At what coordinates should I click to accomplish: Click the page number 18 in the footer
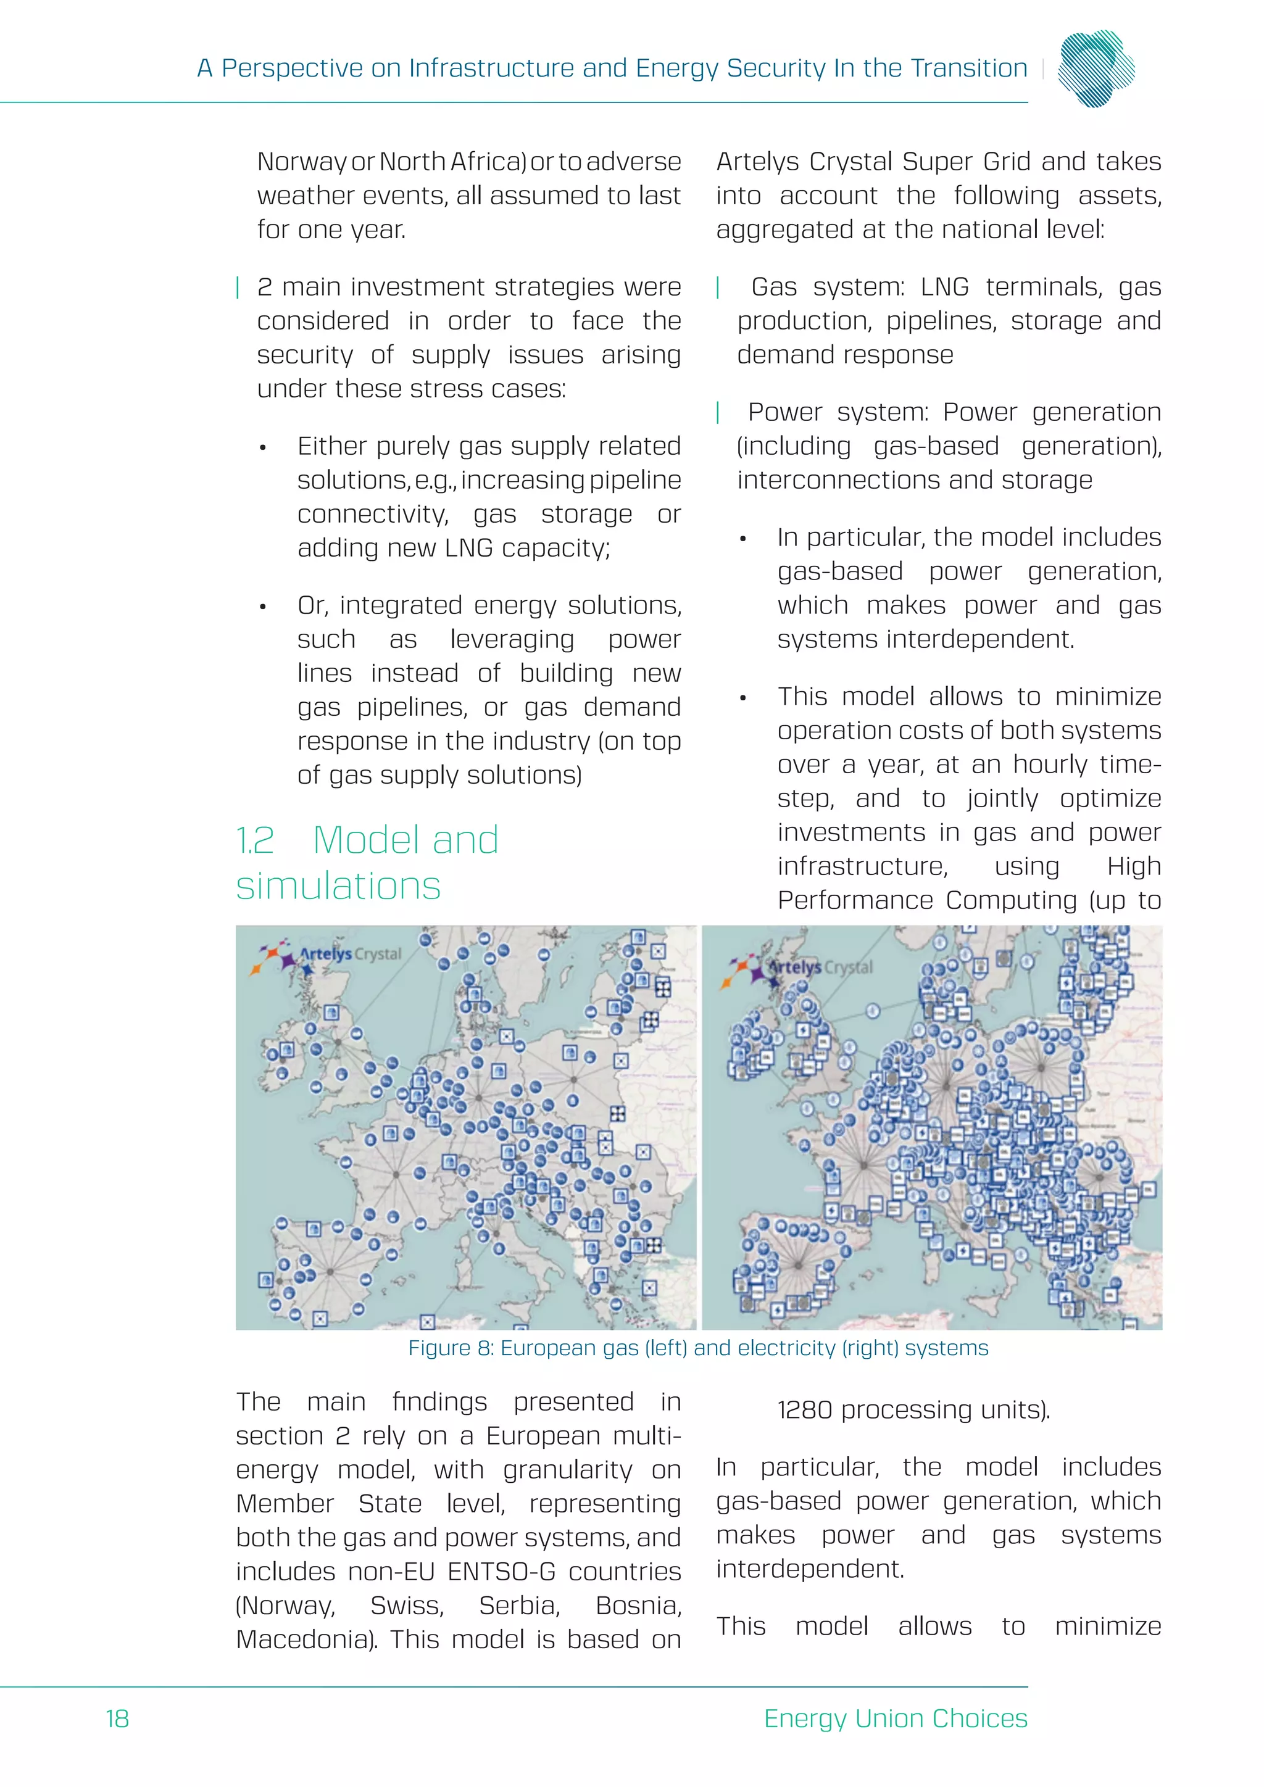[x=117, y=1719]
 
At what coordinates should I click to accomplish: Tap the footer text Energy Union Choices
[x=895, y=1719]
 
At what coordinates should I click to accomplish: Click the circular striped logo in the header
[x=1096, y=68]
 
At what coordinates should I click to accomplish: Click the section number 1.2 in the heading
[x=256, y=840]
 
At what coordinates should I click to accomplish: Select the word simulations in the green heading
[x=339, y=887]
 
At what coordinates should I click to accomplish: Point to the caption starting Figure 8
[x=698, y=1348]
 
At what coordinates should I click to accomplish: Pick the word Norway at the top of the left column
[x=301, y=162]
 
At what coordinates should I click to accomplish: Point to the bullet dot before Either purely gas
[x=263, y=447]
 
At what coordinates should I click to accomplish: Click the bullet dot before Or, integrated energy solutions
[x=263, y=607]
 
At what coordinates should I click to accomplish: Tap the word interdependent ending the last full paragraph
[x=810, y=1569]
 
